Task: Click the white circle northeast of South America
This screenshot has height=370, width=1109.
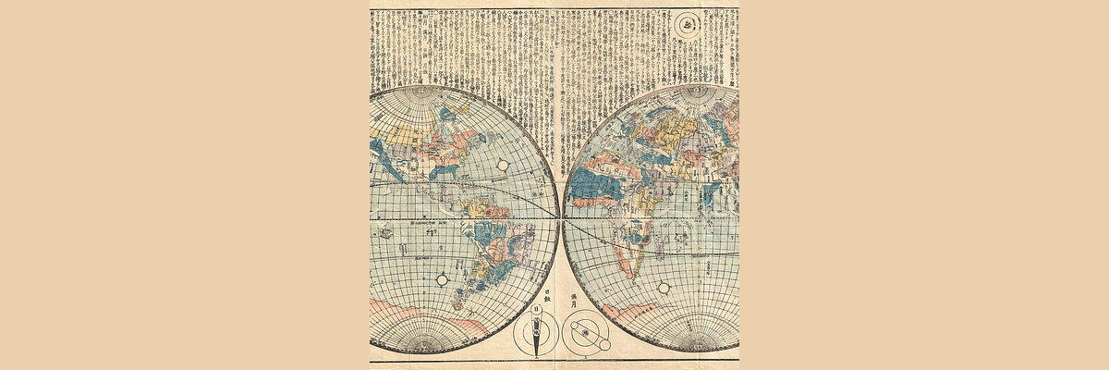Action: [x=504, y=165]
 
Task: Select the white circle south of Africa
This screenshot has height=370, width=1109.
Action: [x=664, y=289]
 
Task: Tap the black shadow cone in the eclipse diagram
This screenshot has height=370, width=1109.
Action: [x=536, y=344]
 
